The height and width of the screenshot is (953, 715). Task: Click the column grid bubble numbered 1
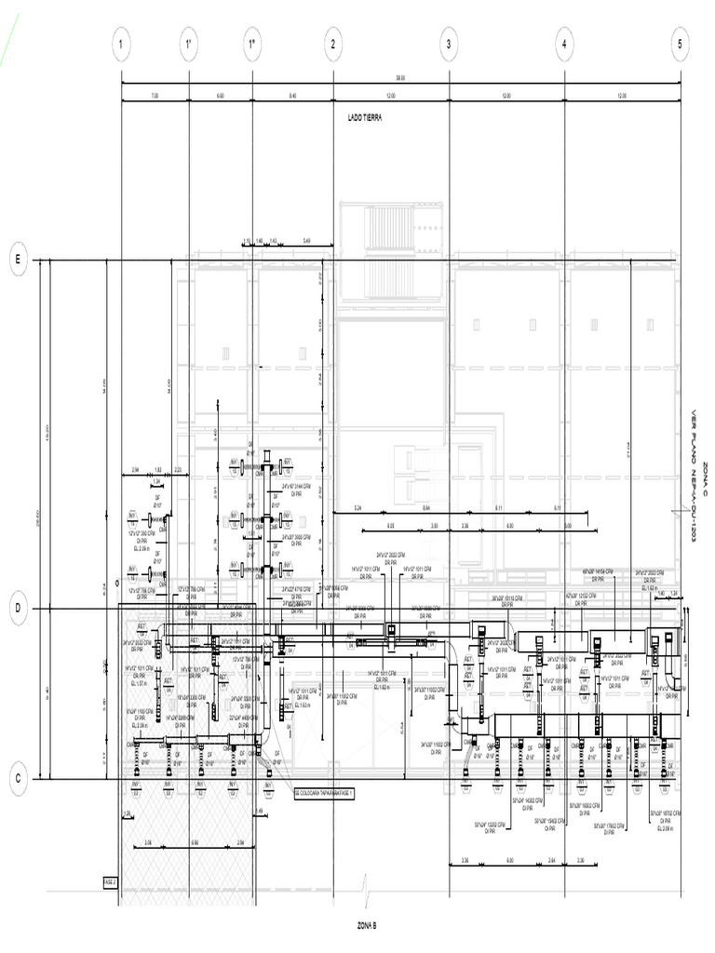pyautogui.click(x=121, y=44)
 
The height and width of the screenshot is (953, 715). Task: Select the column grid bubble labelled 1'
pyautogui.click(x=189, y=44)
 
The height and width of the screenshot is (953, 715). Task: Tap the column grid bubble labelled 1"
pyautogui.click(x=252, y=44)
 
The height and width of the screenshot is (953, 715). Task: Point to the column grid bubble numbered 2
pyautogui.click(x=333, y=44)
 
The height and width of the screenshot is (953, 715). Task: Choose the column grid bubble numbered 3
pyautogui.click(x=450, y=44)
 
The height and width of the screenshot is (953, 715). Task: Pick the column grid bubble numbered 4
pyautogui.click(x=564, y=44)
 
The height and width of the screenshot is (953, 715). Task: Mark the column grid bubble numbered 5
pyautogui.click(x=681, y=44)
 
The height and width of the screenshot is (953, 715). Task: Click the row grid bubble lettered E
pyautogui.click(x=17, y=260)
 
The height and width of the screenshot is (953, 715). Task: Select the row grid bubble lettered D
pyautogui.click(x=17, y=609)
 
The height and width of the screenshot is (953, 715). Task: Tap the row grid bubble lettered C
pyautogui.click(x=17, y=778)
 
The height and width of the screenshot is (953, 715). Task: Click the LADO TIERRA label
pyautogui.click(x=365, y=118)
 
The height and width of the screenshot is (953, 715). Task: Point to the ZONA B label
pyautogui.click(x=366, y=926)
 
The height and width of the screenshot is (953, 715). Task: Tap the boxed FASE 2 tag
pyautogui.click(x=110, y=879)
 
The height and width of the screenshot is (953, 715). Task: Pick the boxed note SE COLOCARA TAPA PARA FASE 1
pyautogui.click(x=325, y=794)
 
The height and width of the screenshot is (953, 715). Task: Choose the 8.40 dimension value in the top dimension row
pyautogui.click(x=292, y=96)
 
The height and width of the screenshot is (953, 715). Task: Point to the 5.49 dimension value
pyautogui.click(x=307, y=241)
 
